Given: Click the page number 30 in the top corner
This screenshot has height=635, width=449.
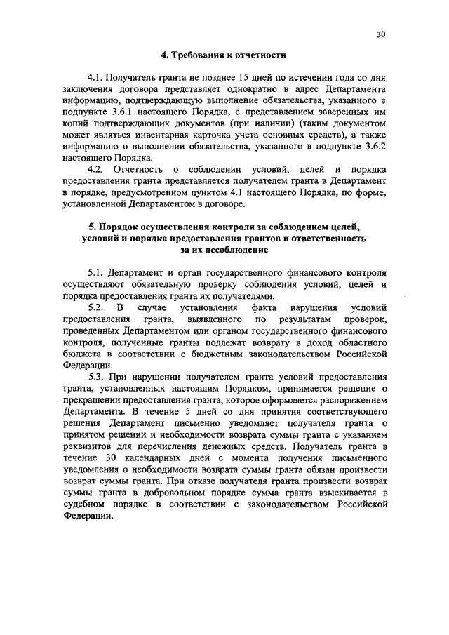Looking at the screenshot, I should (x=382, y=34).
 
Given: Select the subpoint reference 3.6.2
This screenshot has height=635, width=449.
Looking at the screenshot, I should (x=373, y=146).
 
